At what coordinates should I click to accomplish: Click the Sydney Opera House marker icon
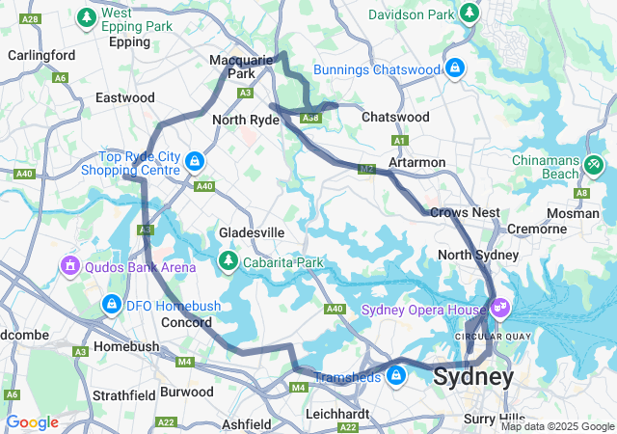499,309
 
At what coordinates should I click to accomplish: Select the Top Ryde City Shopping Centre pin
195,161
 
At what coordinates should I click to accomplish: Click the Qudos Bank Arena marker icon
69,264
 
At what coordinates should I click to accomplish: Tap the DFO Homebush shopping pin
112,305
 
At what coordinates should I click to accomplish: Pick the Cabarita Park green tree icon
228,260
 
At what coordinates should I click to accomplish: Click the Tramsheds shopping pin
395,374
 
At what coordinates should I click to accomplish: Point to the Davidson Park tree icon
469,13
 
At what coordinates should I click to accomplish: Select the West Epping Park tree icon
87,16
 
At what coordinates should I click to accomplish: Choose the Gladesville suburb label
252,233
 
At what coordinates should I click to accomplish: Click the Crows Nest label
465,212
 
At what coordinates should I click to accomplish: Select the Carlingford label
41,55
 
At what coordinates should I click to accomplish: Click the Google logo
32,422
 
